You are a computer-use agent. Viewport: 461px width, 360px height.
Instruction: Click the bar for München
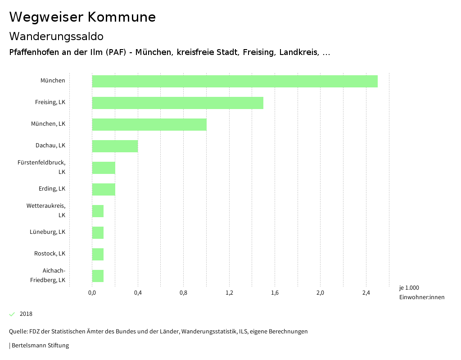pyautogui.click(x=235, y=81)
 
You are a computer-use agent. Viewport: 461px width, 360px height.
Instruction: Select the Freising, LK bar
pyautogui.click(x=177, y=103)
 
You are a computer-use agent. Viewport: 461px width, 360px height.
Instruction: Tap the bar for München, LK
pyautogui.click(x=149, y=124)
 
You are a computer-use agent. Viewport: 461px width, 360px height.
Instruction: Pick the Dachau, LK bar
pyautogui.click(x=115, y=146)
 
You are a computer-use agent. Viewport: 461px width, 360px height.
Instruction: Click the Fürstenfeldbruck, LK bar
pyautogui.click(x=104, y=168)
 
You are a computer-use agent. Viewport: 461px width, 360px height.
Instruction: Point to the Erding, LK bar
pyautogui.click(x=104, y=189)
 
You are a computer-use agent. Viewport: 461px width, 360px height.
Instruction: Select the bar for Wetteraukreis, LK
pyautogui.click(x=98, y=211)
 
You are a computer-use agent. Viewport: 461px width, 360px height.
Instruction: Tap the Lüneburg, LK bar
pyautogui.click(x=98, y=232)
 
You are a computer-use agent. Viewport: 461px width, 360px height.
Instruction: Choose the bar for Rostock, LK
pyautogui.click(x=98, y=254)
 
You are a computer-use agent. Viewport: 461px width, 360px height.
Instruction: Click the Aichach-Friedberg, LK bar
pyautogui.click(x=98, y=276)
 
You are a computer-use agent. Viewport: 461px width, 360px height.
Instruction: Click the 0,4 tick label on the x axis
pyautogui.click(x=138, y=293)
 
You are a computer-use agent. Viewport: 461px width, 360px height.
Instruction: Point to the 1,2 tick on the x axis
pyautogui.click(x=229, y=293)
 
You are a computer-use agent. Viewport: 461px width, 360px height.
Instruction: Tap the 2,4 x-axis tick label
pyautogui.click(x=366, y=293)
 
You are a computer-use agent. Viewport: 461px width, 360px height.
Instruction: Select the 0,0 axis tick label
pyautogui.click(x=92, y=293)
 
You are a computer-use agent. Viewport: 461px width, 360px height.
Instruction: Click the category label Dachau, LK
pyautogui.click(x=50, y=146)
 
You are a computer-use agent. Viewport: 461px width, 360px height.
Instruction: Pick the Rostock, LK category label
pyautogui.click(x=50, y=254)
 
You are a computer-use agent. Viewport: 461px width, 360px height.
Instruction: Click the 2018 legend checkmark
pyautogui.click(x=12, y=314)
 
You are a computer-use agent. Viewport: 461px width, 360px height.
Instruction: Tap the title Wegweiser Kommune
pyautogui.click(x=82, y=17)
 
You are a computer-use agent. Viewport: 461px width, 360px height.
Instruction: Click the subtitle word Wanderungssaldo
pyautogui.click(x=56, y=36)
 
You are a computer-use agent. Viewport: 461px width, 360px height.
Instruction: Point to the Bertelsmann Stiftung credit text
pyautogui.click(x=40, y=346)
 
